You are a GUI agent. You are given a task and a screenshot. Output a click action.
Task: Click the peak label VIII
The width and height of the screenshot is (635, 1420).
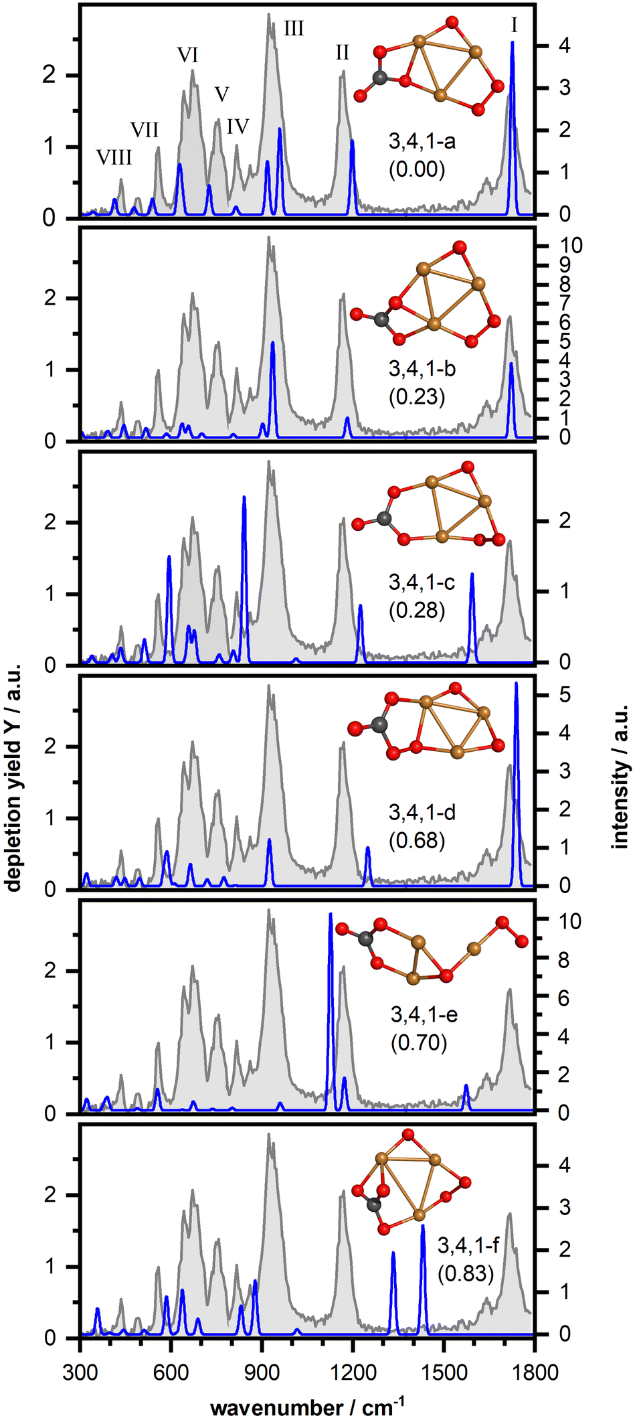(x=114, y=157)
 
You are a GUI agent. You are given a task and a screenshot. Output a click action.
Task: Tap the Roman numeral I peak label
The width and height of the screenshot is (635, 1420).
(x=514, y=25)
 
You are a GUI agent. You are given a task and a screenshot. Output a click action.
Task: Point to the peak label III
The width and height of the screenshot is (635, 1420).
(x=293, y=29)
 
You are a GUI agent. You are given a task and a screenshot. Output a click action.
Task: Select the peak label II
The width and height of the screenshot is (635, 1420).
(x=342, y=52)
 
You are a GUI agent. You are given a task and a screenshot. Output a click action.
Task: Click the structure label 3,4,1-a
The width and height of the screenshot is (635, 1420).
(x=422, y=141)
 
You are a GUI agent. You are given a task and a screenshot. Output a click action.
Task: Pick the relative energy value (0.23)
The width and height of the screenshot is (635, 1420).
(x=417, y=397)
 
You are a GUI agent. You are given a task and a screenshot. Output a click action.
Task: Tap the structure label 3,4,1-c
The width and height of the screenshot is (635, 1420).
(x=422, y=582)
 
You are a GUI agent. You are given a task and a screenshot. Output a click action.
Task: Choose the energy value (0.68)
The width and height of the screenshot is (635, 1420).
(x=417, y=840)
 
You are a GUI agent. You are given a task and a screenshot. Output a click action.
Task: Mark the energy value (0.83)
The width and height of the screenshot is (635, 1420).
(x=466, y=1272)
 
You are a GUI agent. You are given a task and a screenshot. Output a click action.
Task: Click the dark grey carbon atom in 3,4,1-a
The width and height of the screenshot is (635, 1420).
(x=381, y=78)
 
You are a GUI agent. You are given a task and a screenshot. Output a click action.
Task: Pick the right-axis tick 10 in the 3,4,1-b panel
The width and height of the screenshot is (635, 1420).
(x=569, y=246)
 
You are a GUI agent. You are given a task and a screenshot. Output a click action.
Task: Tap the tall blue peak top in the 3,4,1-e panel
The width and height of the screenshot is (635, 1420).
(x=330, y=915)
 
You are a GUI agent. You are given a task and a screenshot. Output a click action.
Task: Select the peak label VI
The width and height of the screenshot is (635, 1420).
(x=187, y=55)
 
